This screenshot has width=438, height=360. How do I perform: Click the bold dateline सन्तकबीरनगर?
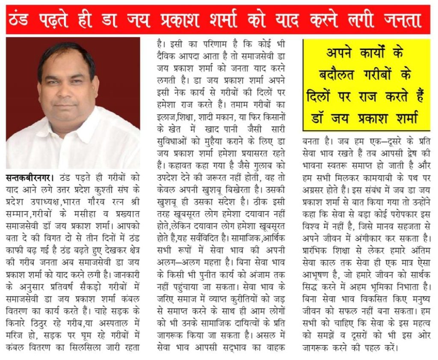[x=29, y=177]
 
